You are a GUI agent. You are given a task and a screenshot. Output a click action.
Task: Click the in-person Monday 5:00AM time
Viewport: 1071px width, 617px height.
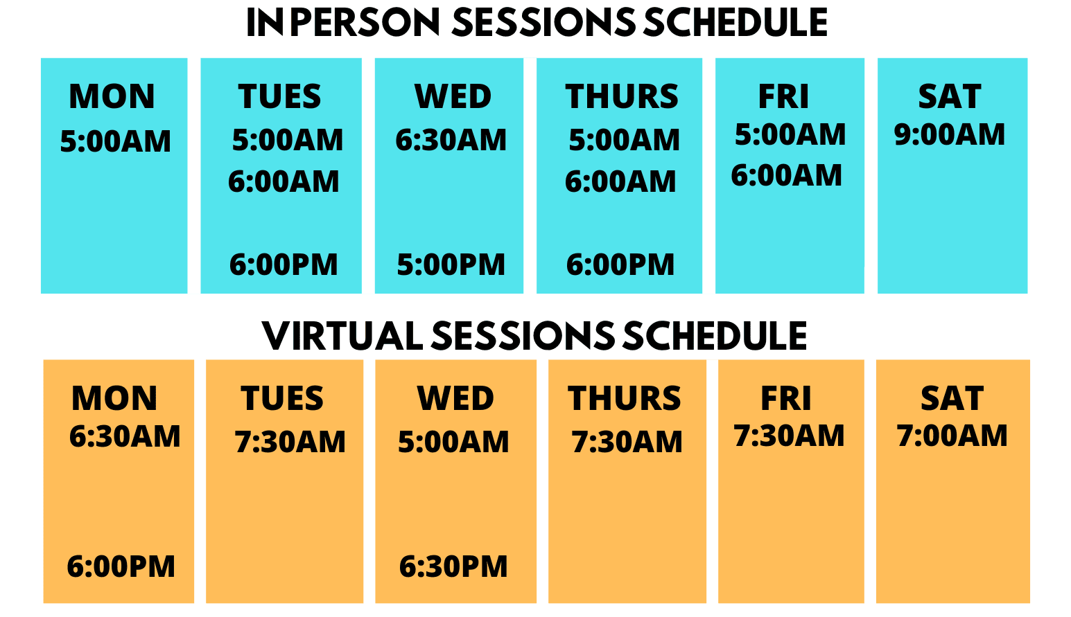(x=115, y=141)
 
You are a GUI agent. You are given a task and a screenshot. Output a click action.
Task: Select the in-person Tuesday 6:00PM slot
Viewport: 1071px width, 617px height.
(x=284, y=265)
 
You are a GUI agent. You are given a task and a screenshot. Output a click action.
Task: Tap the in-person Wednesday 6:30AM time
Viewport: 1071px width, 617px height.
(x=451, y=140)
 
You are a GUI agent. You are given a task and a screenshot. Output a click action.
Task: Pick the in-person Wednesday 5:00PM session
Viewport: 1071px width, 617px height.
(x=451, y=265)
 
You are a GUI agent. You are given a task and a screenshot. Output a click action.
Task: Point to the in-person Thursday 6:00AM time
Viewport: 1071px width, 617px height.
(x=620, y=181)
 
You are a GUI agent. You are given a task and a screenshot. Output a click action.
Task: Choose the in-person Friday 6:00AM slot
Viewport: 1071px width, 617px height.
(x=787, y=175)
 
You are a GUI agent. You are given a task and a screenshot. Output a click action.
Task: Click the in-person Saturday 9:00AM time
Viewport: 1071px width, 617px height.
(x=950, y=134)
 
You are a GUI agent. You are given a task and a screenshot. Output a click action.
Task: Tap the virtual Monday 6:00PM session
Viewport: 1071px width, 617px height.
(x=121, y=566)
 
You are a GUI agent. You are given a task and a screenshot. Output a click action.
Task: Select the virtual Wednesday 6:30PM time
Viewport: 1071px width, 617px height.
(x=453, y=566)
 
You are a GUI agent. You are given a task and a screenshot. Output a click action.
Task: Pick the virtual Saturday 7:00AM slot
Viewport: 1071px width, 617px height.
(x=952, y=436)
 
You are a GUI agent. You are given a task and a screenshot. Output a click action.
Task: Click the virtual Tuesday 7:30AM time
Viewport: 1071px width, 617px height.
(x=290, y=442)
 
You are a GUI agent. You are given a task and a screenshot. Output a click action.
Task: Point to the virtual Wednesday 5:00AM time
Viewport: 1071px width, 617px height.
(x=453, y=442)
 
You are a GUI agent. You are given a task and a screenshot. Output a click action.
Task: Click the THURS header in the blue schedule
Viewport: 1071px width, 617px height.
(x=622, y=96)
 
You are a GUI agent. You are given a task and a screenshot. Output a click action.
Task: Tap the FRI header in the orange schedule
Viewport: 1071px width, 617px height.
(x=786, y=398)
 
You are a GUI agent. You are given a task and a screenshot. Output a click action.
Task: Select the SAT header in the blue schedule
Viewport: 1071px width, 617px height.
(x=950, y=96)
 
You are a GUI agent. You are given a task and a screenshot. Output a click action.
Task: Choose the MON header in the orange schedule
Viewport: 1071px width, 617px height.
(x=114, y=398)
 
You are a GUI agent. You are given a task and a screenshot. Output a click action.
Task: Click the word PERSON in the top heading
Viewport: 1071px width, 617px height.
(x=365, y=22)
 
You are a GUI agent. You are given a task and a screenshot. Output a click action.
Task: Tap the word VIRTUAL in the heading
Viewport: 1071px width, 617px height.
(x=342, y=336)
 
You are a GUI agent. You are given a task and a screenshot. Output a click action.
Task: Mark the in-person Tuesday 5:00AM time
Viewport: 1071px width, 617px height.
(x=288, y=140)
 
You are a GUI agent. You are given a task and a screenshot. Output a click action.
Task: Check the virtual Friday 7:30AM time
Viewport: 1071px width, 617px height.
(x=790, y=436)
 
